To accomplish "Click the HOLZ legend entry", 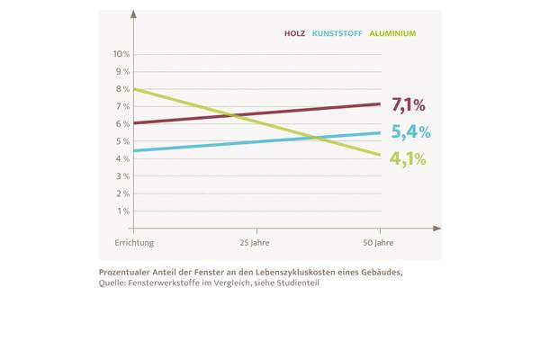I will [x=294, y=33].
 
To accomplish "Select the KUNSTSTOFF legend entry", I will [x=338, y=33].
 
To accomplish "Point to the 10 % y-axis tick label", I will [x=121, y=54].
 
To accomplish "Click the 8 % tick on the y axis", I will [x=123, y=89].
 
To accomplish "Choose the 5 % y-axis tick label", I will [x=123, y=141].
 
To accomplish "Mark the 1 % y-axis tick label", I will [x=123, y=211].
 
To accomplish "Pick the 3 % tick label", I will [x=123, y=176].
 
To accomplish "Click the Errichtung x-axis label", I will [x=134, y=244].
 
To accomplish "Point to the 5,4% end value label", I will [x=410, y=132].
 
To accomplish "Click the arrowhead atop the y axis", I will [x=133, y=14].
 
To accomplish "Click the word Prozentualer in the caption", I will [x=127, y=271].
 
